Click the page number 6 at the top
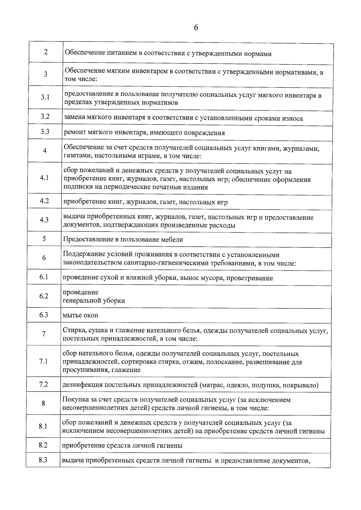click(x=196, y=28)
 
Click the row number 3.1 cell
click(x=45, y=97)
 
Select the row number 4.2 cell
click(x=45, y=201)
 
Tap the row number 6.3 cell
click(x=44, y=315)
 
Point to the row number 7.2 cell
click(x=44, y=384)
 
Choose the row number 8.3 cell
click(x=43, y=460)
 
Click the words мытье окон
click(x=80, y=315)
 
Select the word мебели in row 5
click(x=172, y=240)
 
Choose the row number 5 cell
click(x=44, y=239)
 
